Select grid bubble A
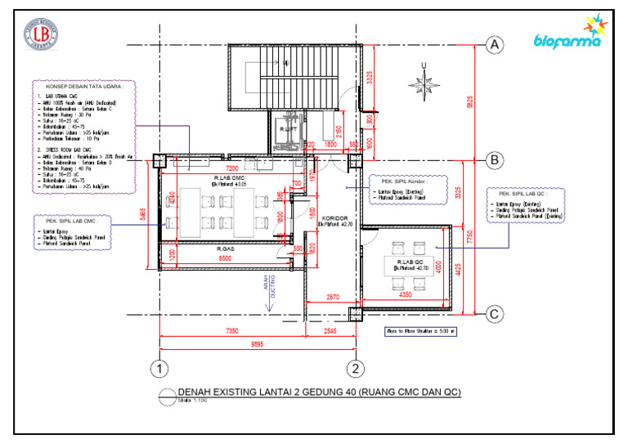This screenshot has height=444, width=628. [494, 47]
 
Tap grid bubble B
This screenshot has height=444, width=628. [494, 160]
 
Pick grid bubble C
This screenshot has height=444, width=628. [494, 313]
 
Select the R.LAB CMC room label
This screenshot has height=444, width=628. [230, 177]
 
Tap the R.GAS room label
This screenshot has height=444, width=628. [227, 249]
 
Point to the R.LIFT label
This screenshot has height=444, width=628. [288, 129]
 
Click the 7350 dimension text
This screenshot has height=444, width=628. [232, 331]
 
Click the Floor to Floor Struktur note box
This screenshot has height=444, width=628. [419, 332]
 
